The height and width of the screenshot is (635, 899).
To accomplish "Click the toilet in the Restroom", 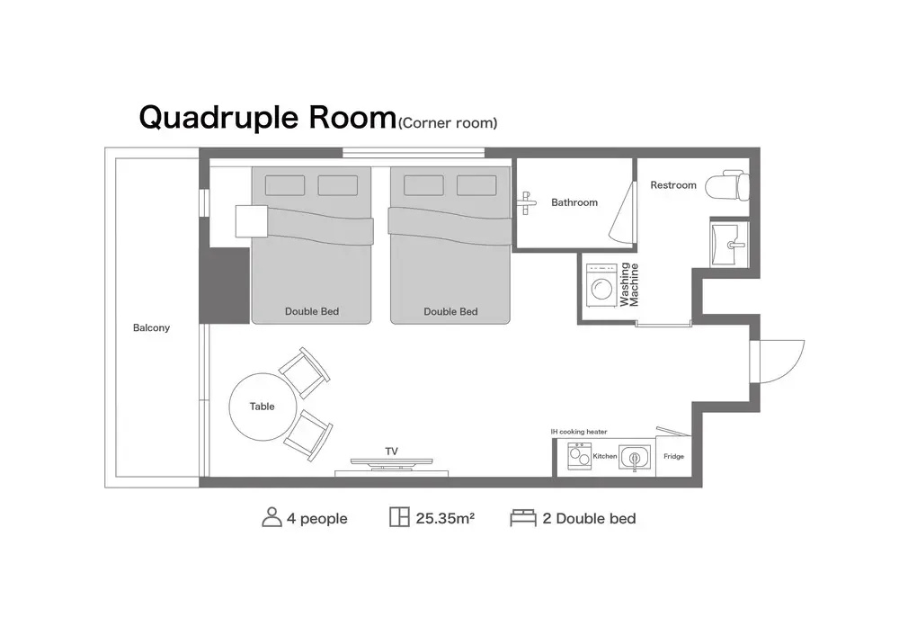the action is click(x=728, y=185).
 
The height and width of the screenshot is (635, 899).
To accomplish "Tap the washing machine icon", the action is click(x=601, y=285).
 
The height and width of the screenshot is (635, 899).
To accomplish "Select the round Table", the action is click(x=263, y=407).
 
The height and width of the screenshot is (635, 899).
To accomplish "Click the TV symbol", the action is click(x=392, y=463).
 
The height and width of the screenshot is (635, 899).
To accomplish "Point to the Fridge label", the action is click(x=673, y=457).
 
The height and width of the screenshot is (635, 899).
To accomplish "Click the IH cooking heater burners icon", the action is click(x=579, y=457).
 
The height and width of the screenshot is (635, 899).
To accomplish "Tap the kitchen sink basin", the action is click(x=635, y=458).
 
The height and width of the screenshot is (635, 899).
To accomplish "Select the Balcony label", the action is click(x=151, y=327).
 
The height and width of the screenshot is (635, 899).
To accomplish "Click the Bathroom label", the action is click(x=574, y=202).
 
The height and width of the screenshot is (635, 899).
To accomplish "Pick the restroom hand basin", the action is click(x=729, y=245).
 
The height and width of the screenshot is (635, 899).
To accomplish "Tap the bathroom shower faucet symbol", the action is click(x=526, y=202).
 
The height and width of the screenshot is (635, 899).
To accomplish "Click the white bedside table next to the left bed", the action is click(x=252, y=221).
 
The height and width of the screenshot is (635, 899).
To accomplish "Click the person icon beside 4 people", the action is click(x=271, y=517).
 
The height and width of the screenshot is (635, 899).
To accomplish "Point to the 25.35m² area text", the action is click(x=445, y=519).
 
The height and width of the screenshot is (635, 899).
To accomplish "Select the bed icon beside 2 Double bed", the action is click(x=523, y=517).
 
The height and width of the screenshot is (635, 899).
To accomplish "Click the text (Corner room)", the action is click(x=448, y=123).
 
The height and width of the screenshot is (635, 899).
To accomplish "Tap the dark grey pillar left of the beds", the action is click(x=224, y=286).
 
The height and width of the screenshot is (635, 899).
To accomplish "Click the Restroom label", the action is click(x=673, y=185).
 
